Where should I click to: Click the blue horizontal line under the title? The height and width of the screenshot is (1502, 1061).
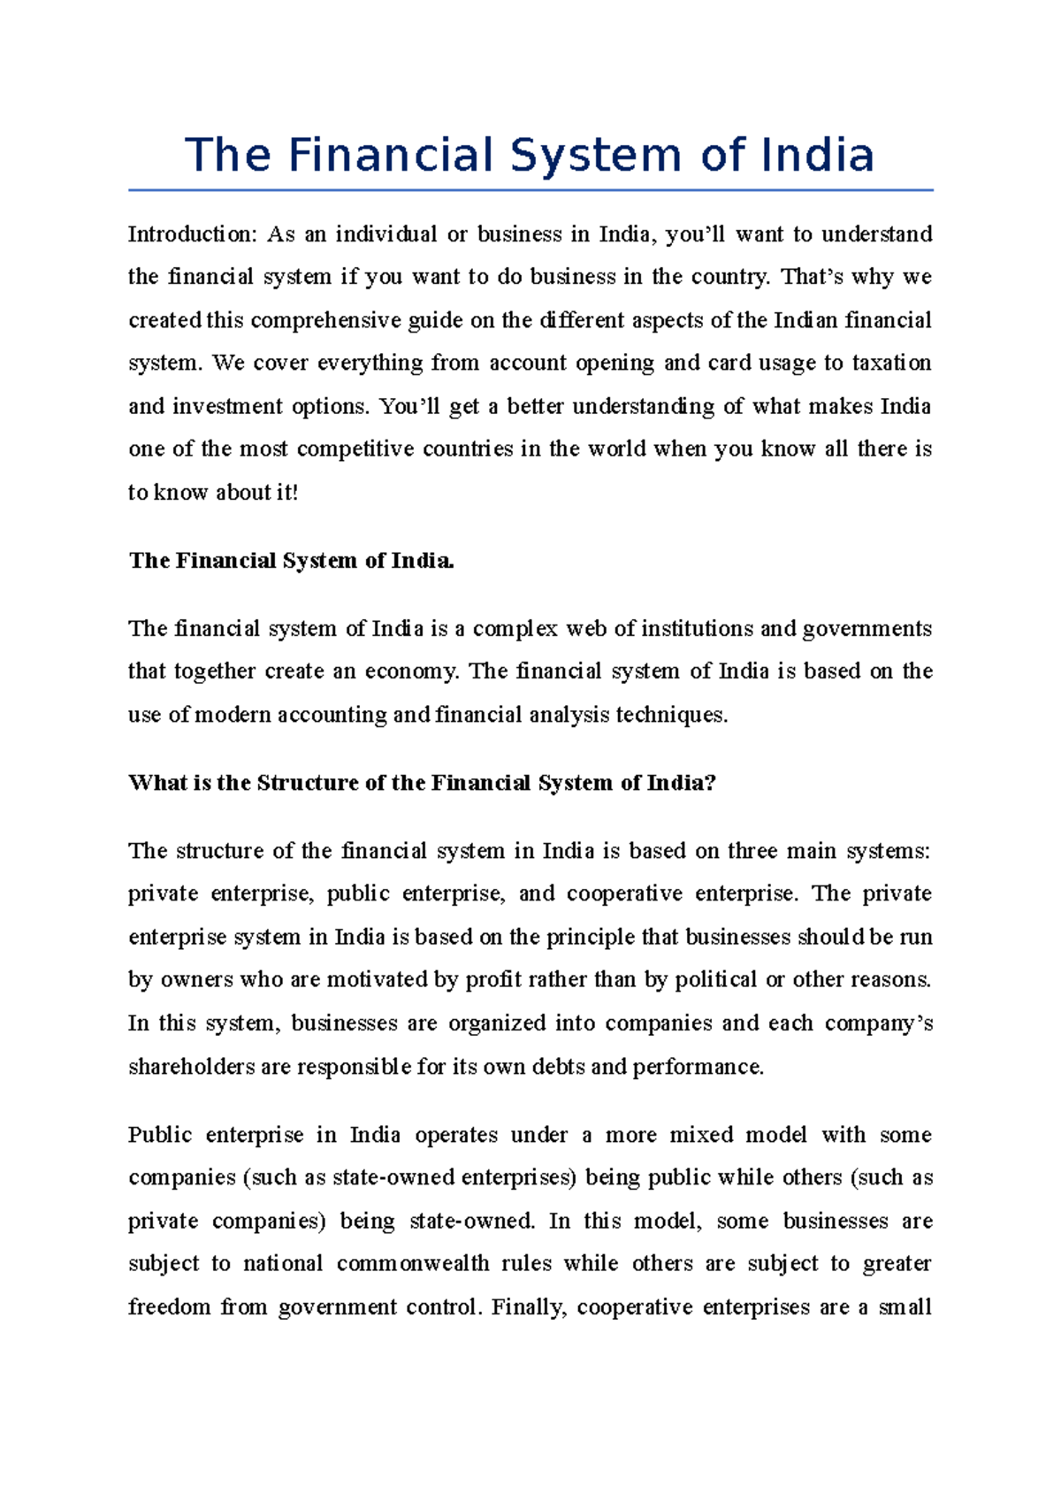[x=530, y=189]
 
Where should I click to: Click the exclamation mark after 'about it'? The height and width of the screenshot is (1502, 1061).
[x=294, y=493]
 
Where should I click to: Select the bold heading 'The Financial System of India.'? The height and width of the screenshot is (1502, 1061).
[x=291, y=561]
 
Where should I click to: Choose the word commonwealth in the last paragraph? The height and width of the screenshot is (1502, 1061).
[x=412, y=1264]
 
